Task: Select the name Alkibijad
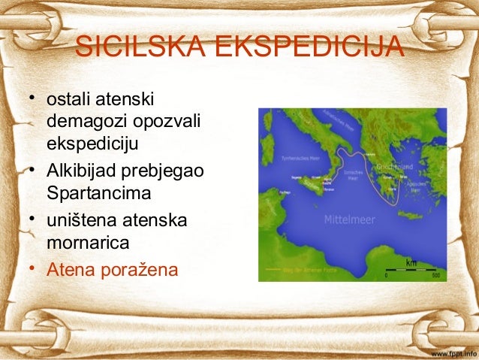[81, 171]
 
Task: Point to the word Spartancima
[98, 193]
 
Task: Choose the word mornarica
[87, 244]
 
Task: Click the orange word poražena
[143, 268]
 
